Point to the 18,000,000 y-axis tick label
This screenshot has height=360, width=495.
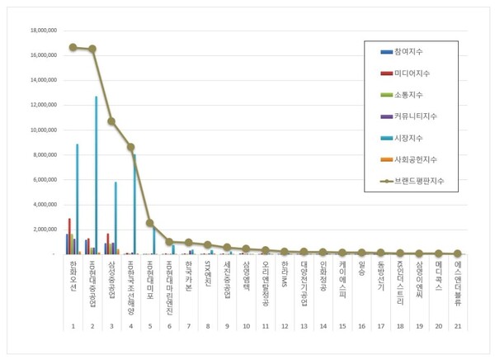[42, 30]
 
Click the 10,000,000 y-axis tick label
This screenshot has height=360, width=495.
[42, 130]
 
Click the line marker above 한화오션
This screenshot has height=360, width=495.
[73, 47]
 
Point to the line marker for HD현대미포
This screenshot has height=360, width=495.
[150, 223]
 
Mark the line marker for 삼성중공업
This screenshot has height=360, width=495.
[111, 121]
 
